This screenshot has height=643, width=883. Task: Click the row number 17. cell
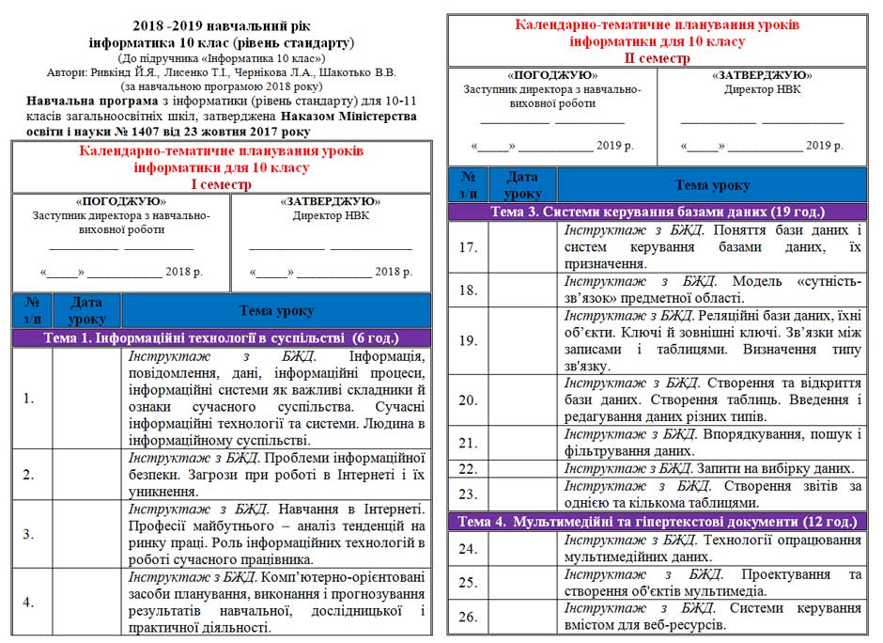click(x=468, y=247)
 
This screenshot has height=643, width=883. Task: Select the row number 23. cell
click(x=468, y=494)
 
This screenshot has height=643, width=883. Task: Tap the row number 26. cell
click(x=468, y=617)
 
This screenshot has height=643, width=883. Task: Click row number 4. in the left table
click(x=29, y=603)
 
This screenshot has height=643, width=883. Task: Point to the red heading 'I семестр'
click(x=222, y=184)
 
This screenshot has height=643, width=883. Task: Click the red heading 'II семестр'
click(x=657, y=58)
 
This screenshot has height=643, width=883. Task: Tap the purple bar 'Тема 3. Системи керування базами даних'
click(x=657, y=212)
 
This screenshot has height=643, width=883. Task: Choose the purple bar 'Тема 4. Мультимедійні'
click(x=657, y=521)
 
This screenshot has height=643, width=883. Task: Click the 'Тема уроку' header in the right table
click(x=711, y=185)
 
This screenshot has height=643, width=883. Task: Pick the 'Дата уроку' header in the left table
click(x=86, y=310)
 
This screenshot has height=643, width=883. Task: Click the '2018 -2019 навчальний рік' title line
click(x=222, y=26)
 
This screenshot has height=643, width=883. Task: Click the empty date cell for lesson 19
click(x=522, y=340)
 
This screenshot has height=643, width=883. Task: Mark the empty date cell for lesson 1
click(x=86, y=398)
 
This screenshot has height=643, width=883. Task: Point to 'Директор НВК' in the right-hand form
click(x=762, y=89)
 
